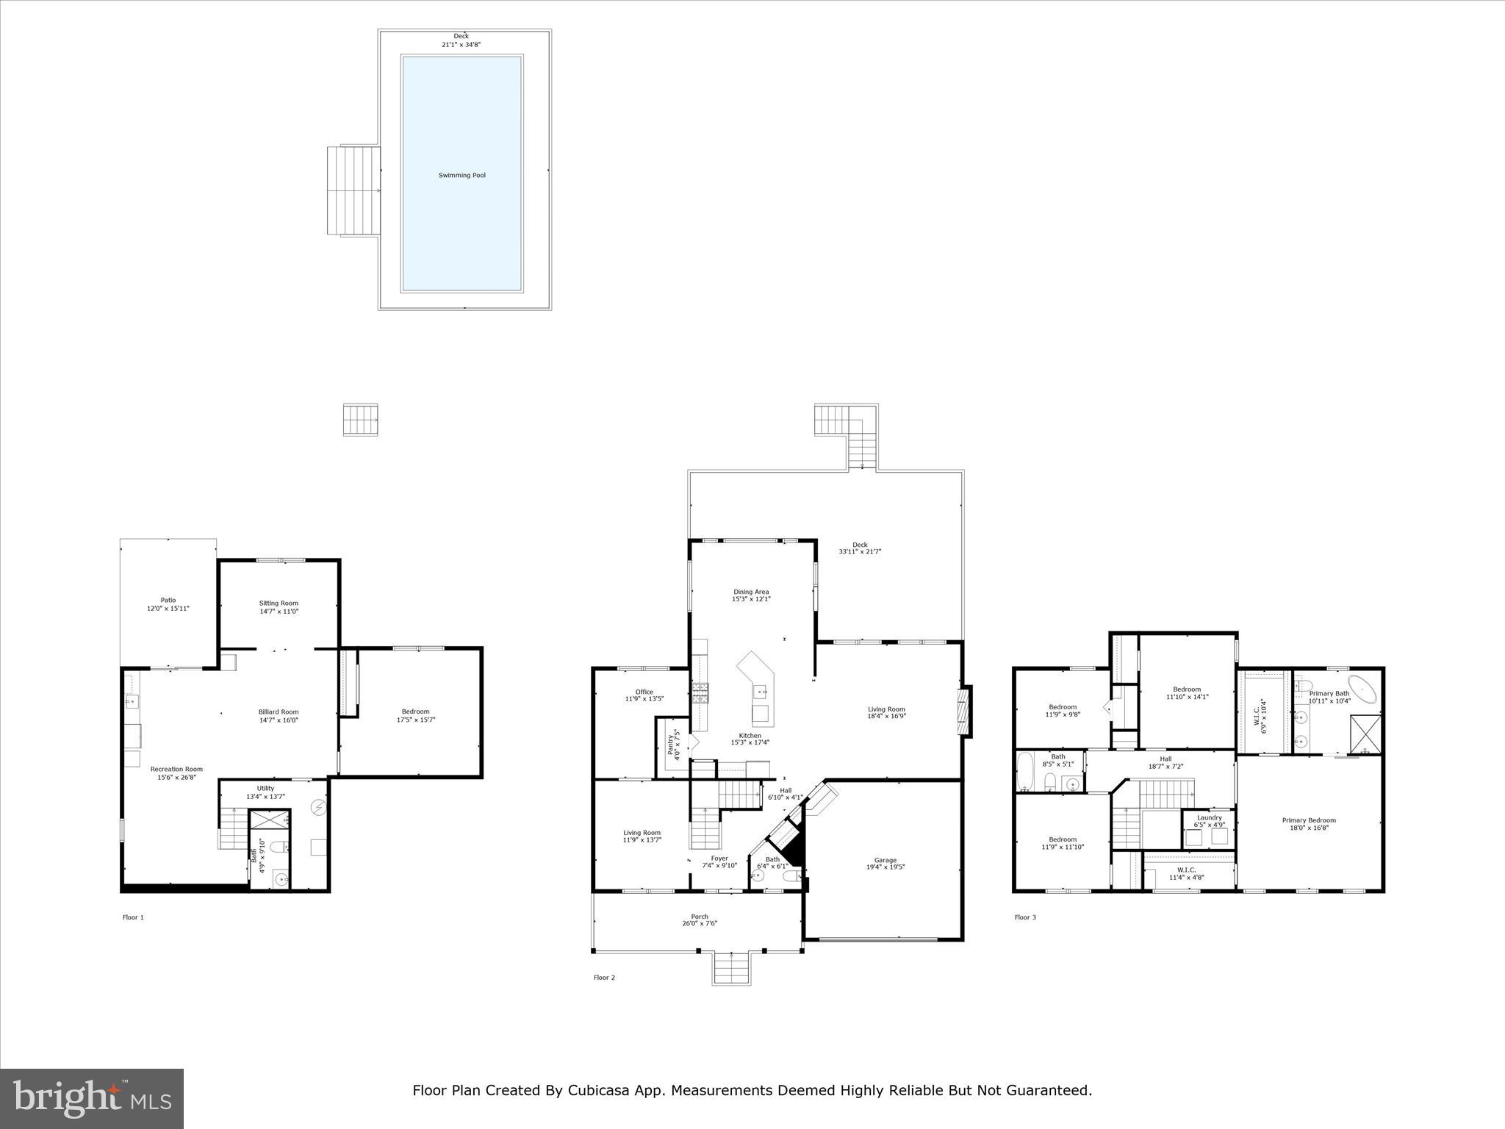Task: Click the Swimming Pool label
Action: [461, 176]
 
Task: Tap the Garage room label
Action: [885, 860]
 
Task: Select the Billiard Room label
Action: [279, 712]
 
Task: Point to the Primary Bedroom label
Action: [1309, 820]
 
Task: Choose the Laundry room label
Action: [1209, 817]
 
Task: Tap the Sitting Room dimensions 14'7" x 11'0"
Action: [279, 612]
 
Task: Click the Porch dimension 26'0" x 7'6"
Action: [699, 924]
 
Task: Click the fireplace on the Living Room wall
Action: [964, 712]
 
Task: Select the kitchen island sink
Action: [761, 691]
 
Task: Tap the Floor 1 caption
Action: [133, 917]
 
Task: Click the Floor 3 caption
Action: [1025, 917]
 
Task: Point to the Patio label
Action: [168, 600]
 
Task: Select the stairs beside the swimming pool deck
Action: [353, 191]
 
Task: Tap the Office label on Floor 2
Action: [644, 692]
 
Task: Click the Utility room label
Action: [265, 789]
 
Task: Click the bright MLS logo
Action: [92, 1099]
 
